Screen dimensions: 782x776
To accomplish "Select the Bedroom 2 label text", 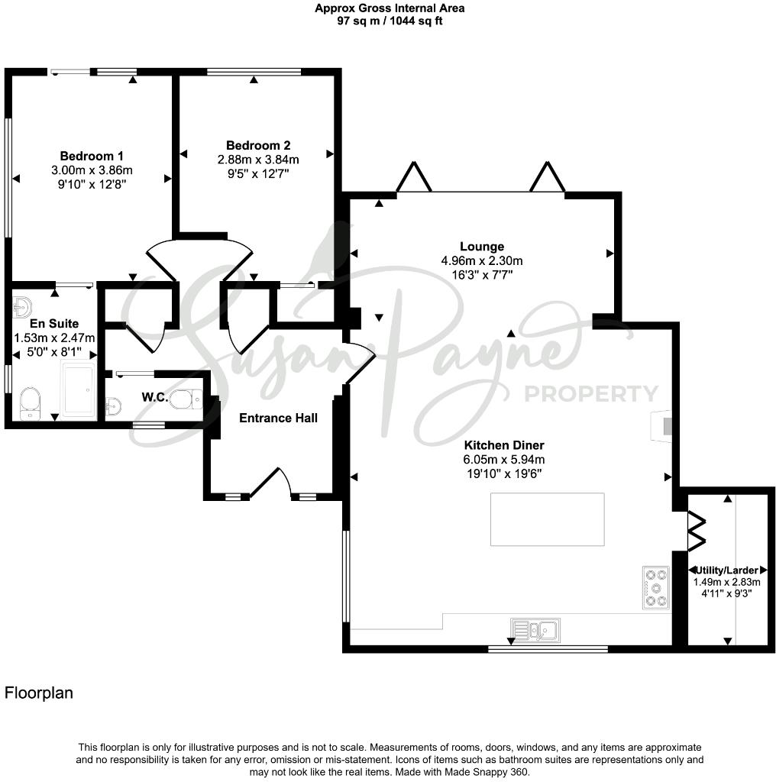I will (x=258, y=145).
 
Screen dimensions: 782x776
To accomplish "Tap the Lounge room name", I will (x=481, y=247).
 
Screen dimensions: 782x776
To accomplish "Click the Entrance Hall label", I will (x=278, y=418).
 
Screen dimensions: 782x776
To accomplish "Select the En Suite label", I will (x=53, y=324).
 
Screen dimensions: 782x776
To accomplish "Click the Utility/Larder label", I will (x=726, y=570).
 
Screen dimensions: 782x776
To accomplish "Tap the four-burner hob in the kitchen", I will (x=655, y=587).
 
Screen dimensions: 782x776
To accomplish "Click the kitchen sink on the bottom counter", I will (x=536, y=630).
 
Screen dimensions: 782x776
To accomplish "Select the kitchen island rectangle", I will (x=547, y=519).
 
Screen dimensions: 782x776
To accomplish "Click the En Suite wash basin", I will (x=21, y=307).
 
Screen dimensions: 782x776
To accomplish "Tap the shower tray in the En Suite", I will (x=77, y=390).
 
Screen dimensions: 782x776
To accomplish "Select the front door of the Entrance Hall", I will (x=271, y=483).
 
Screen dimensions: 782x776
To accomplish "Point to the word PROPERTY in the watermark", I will (x=590, y=394).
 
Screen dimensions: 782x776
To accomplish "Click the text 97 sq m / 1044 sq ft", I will (x=390, y=21).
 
